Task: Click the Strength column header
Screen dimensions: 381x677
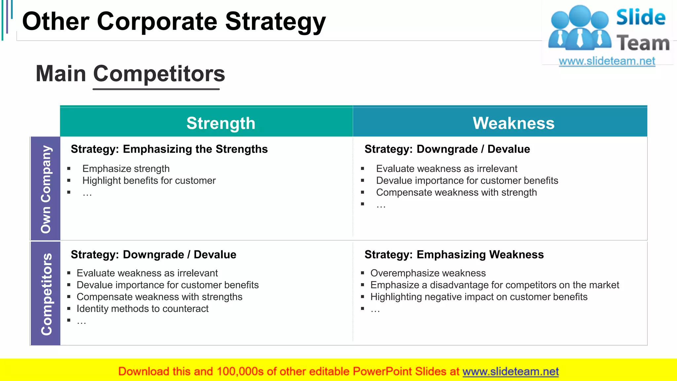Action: pos(221,123)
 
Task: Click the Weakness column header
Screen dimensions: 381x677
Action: pos(513,123)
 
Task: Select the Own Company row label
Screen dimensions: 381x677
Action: pos(46,189)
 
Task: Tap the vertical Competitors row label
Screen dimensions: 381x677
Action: pos(46,294)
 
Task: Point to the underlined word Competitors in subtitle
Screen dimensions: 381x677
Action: pos(159,73)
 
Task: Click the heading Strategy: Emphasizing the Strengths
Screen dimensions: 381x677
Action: pos(169,149)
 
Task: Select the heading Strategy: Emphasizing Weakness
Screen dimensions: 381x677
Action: pos(454,255)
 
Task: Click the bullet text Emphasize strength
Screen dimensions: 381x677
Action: pos(126,169)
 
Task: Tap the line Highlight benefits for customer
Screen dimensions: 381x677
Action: pos(149,181)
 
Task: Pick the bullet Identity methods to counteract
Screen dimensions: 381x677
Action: pos(142,309)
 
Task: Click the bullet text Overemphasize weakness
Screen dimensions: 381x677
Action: pos(428,273)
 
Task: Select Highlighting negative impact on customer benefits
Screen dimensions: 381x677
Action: pos(479,297)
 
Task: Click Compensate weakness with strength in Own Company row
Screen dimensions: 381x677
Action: pos(456,192)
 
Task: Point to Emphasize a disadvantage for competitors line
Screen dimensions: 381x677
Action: pos(495,285)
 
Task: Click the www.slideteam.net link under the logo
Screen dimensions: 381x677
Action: pos(607,61)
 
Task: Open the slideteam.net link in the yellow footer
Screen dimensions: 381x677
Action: pos(510,371)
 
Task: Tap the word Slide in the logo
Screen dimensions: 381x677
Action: pos(640,18)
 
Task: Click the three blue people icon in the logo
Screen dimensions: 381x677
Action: pos(579,28)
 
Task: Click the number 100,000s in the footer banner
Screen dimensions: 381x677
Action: pos(240,371)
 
